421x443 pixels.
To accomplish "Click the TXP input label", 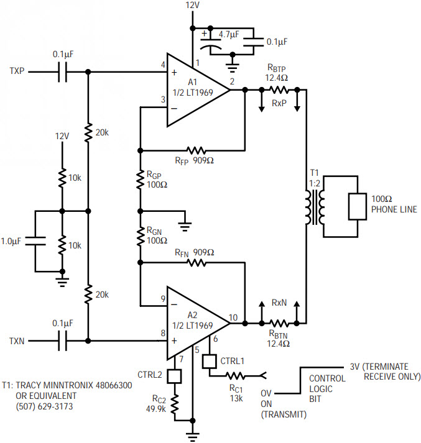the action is click(x=17, y=71).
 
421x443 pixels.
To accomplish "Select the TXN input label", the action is click(x=17, y=341).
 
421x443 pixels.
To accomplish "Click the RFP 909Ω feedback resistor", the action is click(x=196, y=150).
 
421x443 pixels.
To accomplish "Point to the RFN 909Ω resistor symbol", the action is click(x=196, y=263).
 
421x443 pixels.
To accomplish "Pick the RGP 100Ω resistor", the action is click(x=141, y=180).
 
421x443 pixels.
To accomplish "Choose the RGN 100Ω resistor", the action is click(x=141, y=237).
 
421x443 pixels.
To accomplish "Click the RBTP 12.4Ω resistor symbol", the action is click(x=279, y=90).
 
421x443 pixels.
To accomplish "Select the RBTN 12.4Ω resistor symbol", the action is click(x=279, y=322).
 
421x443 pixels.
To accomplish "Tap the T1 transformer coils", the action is click(x=315, y=207).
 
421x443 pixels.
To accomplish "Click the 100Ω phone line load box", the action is click(x=358, y=206).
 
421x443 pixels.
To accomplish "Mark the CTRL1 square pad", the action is click(x=210, y=362).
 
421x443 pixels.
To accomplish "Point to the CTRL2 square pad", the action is click(x=174, y=376).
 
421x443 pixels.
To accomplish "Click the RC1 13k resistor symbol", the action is click(x=235, y=376).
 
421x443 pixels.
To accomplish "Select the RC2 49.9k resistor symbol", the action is click(x=175, y=404).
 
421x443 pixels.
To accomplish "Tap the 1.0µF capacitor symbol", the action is click(x=35, y=241).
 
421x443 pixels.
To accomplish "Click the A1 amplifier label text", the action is click(x=193, y=82).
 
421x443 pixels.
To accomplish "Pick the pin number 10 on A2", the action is click(x=233, y=317).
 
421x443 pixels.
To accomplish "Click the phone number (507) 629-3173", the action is click(x=44, y=406).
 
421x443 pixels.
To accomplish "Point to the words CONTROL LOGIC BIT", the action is click(x=327, y=388).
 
